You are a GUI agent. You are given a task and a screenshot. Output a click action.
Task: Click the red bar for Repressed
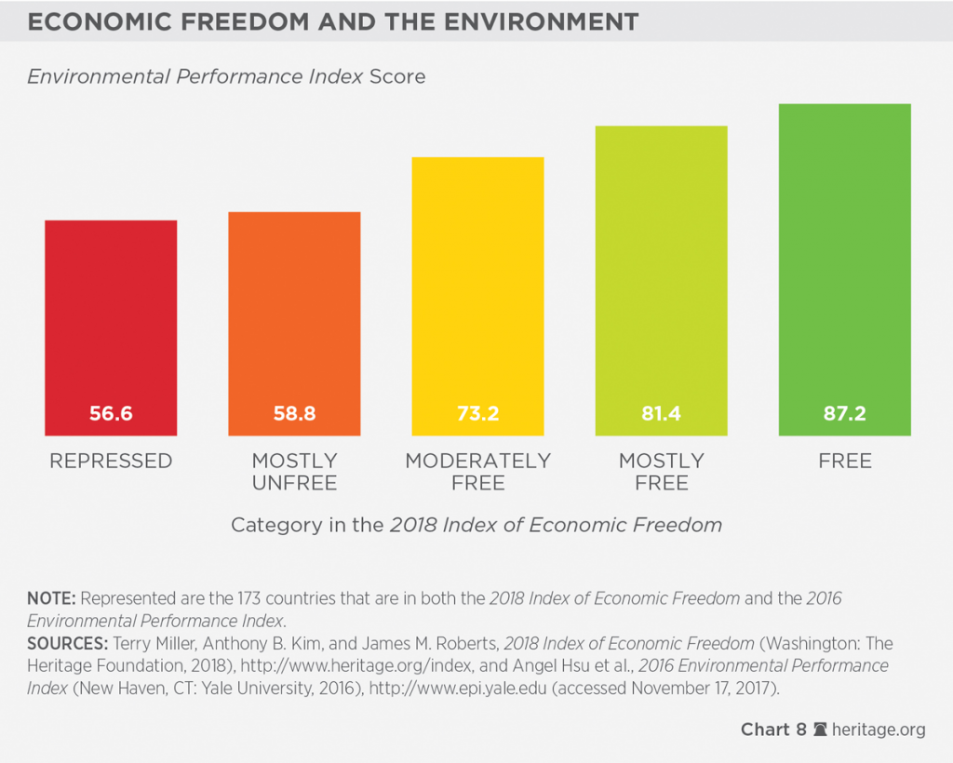111,316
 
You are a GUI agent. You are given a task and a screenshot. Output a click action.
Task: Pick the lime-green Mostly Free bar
661,270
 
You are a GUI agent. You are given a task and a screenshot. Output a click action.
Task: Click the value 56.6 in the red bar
111,413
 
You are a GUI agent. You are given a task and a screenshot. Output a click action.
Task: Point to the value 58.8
294,413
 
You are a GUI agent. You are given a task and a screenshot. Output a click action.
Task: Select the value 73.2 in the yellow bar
477,413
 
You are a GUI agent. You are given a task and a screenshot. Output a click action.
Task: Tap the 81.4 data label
661,413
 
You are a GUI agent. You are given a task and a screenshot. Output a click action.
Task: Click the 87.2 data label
844,413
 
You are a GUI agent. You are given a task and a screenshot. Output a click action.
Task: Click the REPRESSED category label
111,462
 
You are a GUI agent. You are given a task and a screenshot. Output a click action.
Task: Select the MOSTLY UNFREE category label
294,472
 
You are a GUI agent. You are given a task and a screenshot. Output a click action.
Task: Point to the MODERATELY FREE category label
477,472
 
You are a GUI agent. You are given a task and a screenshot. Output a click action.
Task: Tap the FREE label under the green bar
844,462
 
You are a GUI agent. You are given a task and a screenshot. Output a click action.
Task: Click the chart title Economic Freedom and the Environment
332,22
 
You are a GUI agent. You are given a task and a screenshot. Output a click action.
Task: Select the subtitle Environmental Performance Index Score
226,76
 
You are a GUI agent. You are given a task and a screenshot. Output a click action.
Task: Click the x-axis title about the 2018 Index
476,525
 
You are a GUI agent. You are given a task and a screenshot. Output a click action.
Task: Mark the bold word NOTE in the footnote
46,599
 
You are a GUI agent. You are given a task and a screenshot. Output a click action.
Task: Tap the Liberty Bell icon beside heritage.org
820,730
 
